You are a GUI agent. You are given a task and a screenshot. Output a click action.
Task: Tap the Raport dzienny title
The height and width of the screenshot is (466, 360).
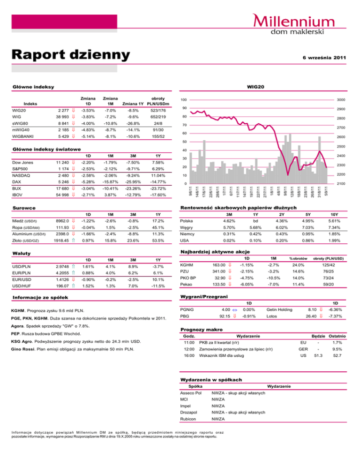(70, 55)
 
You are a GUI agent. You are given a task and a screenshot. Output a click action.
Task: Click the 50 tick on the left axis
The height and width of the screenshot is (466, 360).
(185, 142)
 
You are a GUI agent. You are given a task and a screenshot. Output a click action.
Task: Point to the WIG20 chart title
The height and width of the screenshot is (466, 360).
(263, 87)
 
